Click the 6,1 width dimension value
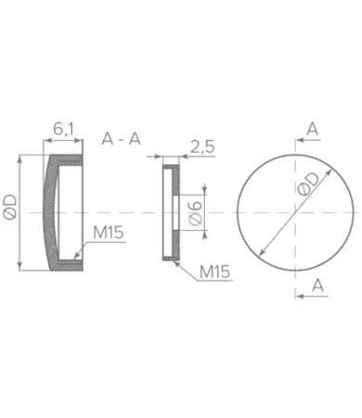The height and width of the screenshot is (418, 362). [63, 129]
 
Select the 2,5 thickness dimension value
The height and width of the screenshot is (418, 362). [202, 146]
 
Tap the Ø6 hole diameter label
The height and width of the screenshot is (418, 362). [196, 213]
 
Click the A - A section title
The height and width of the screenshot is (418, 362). [122, 139]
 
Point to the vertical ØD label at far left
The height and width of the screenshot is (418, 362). [9, 208]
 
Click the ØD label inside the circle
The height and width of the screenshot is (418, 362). [308, 184]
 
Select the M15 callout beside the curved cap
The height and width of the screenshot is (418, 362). [109, 233]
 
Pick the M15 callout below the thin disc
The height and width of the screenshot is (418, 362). [215, 272]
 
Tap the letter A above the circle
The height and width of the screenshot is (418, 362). [313, 129]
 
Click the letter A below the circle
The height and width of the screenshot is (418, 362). [317, 285]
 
